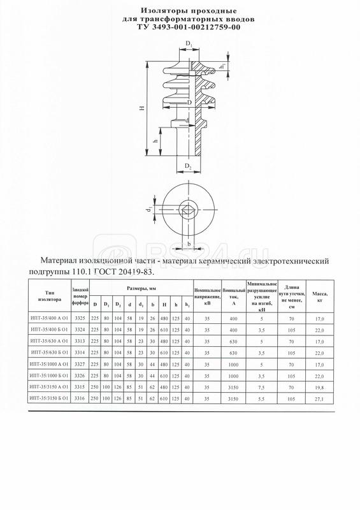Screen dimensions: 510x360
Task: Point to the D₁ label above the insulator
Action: [190, 43]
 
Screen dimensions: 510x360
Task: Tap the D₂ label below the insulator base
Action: [189, 166]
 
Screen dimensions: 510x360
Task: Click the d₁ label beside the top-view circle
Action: [147, 210]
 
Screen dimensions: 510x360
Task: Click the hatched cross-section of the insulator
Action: [205, 96]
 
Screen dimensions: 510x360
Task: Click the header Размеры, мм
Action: [141, 289]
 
